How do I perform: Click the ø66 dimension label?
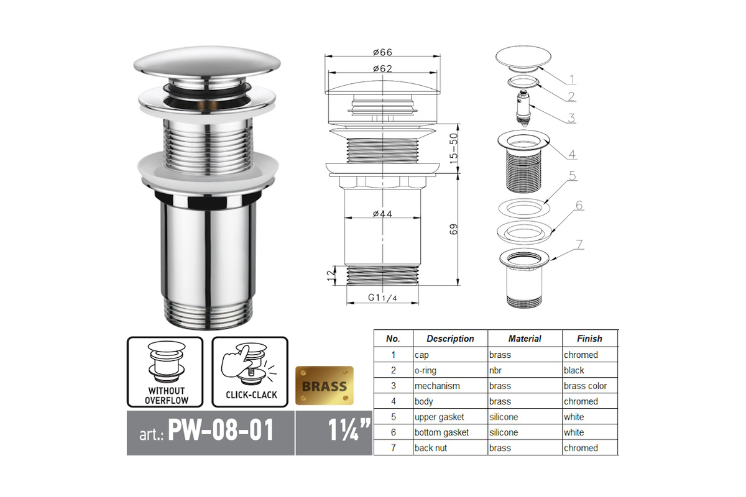pos(383,52)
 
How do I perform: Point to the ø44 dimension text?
pos(383,214)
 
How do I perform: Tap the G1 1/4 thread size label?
pos(382,297)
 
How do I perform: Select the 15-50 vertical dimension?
pos(454,148)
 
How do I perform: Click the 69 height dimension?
pos(454,229)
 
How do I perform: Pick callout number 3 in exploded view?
pos(571,118)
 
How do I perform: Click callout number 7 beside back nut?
pos(580,245)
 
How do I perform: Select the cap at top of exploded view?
pos(523,58)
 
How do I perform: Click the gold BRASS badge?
pos(325,386)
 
